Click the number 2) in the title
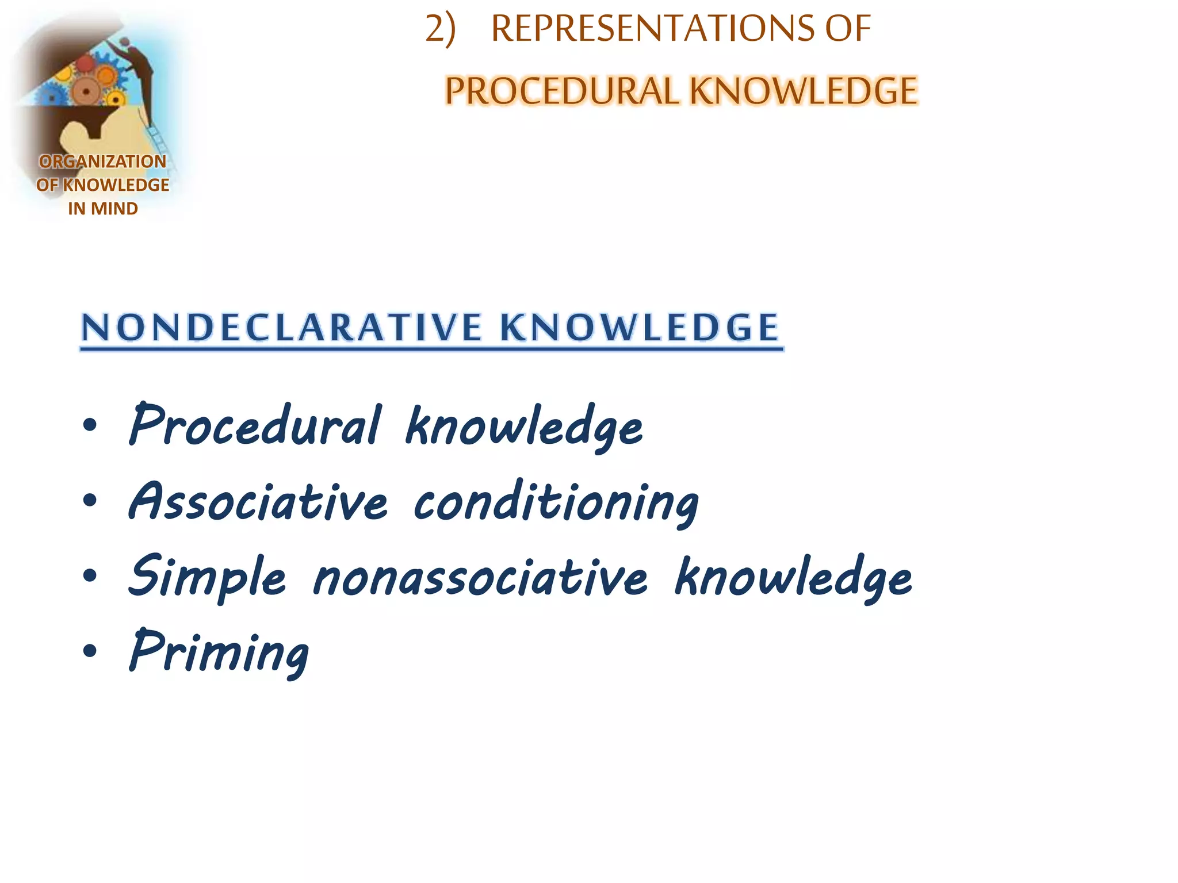[x=440, y=29]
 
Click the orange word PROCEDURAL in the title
[x=561, y=91]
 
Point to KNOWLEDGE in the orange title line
[x=803, y=91]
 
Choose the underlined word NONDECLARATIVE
[x=281, y=328]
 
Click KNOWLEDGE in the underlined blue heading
[x=639, y=328]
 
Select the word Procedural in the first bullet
[x=255, y=425]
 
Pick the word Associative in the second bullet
[x=258, y=501]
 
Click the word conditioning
[x=556, y=502]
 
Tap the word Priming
[x=219, y=652]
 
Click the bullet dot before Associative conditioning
[x=90, y=500]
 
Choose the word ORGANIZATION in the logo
[x=102, y=162]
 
